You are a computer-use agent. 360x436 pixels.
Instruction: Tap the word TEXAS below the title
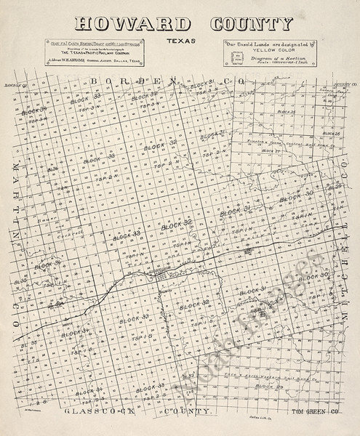(179, 41)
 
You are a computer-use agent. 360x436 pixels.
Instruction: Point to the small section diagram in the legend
(233, 60)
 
